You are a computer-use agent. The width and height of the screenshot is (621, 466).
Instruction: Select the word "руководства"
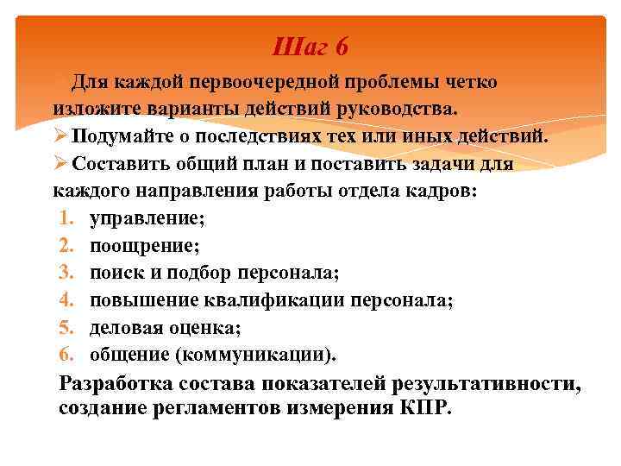click(400, 110)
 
